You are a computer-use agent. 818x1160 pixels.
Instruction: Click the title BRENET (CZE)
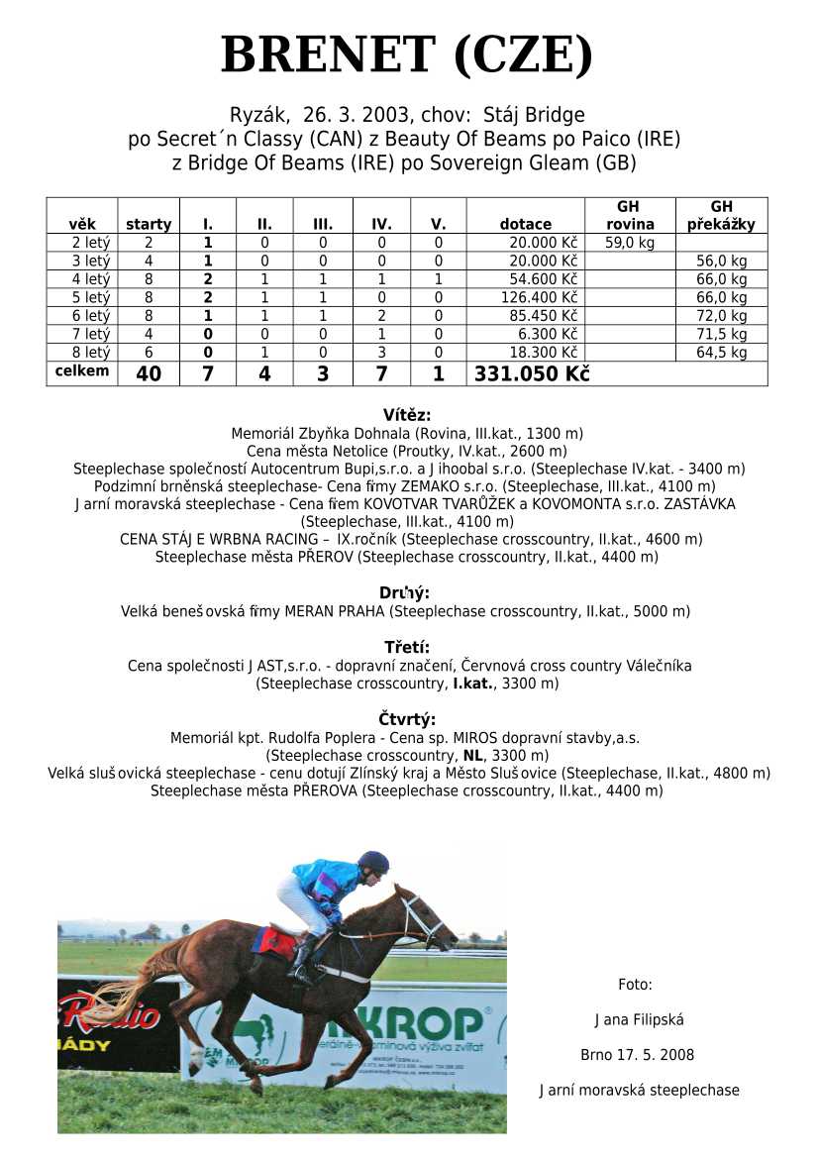(407, 55)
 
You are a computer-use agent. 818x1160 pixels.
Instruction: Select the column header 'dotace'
(525, 225)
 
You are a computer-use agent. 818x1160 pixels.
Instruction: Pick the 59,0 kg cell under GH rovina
(628, 243)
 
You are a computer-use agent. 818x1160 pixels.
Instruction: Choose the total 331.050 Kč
(532, 374)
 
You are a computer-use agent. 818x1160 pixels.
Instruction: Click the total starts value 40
(149, 374)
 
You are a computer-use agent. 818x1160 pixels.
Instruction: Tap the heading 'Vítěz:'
(407, 415)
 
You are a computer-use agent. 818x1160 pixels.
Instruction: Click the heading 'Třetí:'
(407, 648)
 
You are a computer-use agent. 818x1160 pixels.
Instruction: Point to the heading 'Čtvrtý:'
(407, 720)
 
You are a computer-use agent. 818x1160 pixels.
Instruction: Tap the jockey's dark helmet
(373, 861)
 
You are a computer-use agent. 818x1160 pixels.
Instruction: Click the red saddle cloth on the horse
(274, 941)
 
